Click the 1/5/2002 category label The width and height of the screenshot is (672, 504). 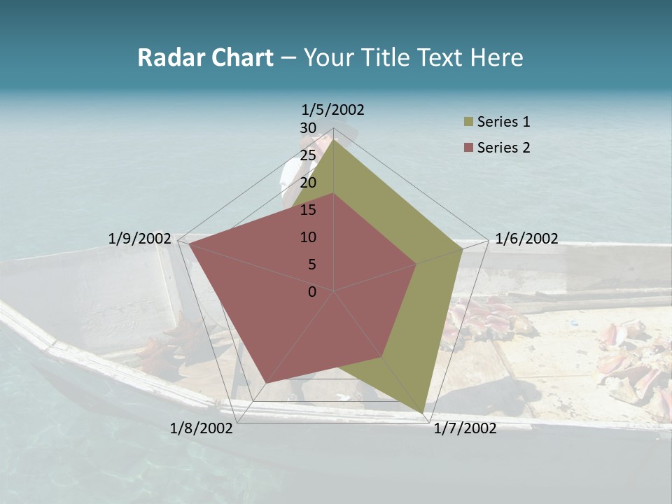332,109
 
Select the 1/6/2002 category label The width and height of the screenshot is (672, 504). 526,239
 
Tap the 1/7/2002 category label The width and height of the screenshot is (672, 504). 465,428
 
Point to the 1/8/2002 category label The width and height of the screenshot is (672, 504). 202,428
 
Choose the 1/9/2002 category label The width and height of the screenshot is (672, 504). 139,239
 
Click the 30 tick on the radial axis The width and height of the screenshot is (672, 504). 308,128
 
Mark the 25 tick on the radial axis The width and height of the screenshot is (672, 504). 308,155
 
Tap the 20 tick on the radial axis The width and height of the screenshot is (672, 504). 308,183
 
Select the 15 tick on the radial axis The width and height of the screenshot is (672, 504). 308,210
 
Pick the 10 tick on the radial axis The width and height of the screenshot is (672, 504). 308,237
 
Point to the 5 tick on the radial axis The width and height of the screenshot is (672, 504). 311,265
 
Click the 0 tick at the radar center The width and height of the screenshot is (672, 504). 312,292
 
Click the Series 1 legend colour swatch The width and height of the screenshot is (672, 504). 468,122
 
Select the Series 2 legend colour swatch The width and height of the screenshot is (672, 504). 468,148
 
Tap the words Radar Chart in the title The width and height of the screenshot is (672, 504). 205,57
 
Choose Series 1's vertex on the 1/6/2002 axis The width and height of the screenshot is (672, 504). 463,249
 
